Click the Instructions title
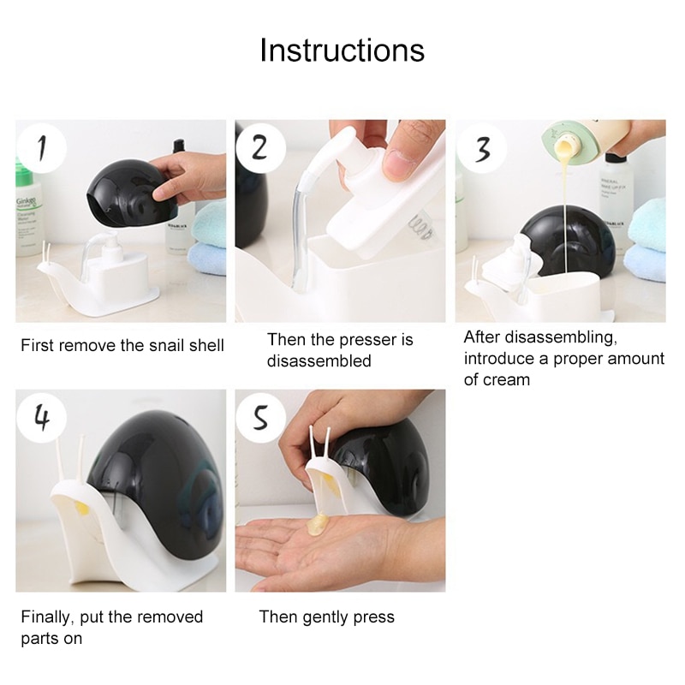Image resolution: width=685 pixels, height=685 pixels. [342, 50]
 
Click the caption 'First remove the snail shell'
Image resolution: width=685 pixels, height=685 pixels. [122, 346]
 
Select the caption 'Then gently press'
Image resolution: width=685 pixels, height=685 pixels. [326, 616]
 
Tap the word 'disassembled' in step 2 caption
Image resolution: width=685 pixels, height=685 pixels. [319, 361]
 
